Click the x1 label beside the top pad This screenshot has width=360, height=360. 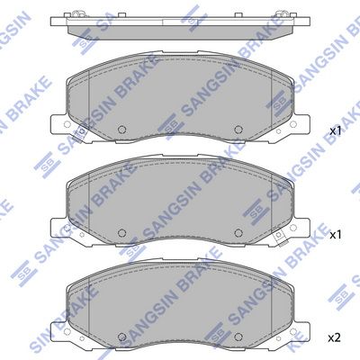pyautogui.click(x=336, y=131)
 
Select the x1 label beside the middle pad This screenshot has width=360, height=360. pyautogui.click(x=336, y=235)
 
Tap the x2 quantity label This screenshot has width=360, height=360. pyautogui.click(x=334, y=338)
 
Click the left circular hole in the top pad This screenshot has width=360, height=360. pyautogui.click(x=121, y=130)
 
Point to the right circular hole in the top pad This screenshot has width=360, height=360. pyautogui.click(x=238, y=130)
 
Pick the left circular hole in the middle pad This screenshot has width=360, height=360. pyautogui.click(x=121, y=233)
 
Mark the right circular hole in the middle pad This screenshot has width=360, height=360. pyautogui.click(x=238, y=233)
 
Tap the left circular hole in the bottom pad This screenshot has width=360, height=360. pyautogui.click(x=121, y=337)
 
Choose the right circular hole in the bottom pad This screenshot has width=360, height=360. pyautogui.click(x=238, y=337)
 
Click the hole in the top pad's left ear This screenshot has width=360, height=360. pyautogui.click(x=67, y=124)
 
